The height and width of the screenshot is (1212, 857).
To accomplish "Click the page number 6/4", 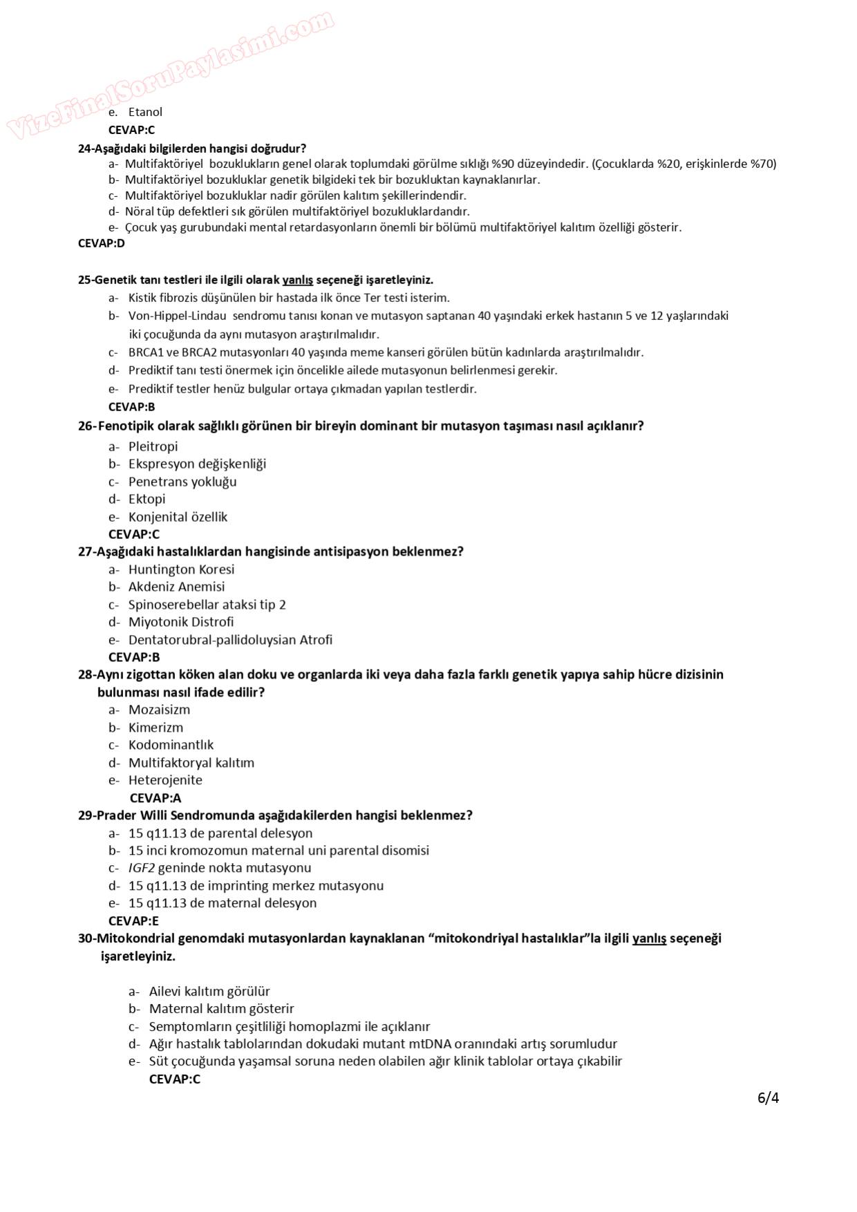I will click(768, 1098).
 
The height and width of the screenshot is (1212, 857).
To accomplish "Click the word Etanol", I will click(145, 112).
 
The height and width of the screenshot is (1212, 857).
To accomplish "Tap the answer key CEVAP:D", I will click(102, 243).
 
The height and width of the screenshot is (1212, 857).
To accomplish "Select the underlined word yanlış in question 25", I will click(297, 280).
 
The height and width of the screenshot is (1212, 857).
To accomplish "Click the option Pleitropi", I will click(153, 446).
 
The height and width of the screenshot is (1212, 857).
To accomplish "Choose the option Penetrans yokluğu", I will click(182, 482).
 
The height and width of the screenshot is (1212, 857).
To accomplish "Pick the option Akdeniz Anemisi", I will click(176, 587).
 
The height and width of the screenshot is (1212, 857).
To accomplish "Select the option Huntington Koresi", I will click(181, 569).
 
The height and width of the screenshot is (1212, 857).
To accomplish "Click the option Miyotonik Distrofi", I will click(181, 622).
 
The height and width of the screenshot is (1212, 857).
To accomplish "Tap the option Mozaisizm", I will click(159, 710).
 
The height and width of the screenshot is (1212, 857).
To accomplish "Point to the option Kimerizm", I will click(156, 728).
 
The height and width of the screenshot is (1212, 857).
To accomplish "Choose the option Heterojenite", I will click(165, 780).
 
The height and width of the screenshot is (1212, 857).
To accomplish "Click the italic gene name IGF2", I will click(142, 868).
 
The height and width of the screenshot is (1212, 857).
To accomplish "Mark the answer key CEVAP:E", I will click(133, 921).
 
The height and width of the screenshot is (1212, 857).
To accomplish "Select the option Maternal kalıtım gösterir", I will click(221, 1009).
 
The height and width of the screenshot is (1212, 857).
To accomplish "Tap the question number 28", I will click(86, 674).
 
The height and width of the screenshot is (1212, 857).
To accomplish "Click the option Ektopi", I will click(147, 499).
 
